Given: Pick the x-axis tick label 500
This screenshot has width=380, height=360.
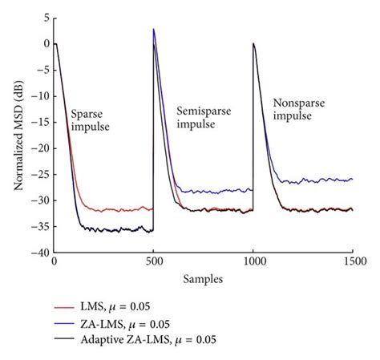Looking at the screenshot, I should click(153, 261).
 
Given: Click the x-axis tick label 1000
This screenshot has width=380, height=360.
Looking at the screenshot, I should click(253, 261).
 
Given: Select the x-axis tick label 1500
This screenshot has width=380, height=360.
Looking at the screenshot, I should click(353, 261).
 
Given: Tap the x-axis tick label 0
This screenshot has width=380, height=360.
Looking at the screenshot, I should click(54, 261).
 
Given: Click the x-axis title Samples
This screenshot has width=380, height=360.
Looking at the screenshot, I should click(204, 277).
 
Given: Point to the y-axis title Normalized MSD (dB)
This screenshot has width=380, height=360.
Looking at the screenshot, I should click(17, 134).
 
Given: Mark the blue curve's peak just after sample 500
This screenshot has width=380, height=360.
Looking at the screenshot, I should click(154, 30).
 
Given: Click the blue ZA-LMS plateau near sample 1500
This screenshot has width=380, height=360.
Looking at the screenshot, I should click(349, 180).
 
